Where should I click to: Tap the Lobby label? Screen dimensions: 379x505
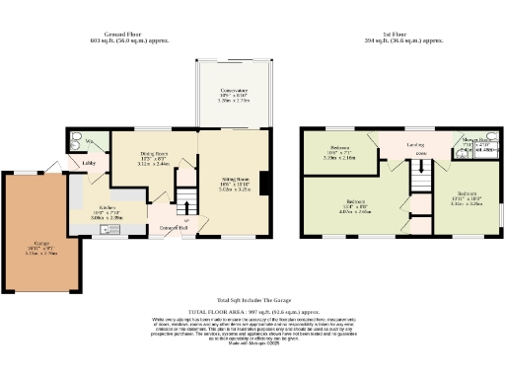(x=88, y=162)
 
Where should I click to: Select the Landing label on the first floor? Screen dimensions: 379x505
(x=415, y=146)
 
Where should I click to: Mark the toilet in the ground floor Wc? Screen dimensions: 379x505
(x=78, y=142)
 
